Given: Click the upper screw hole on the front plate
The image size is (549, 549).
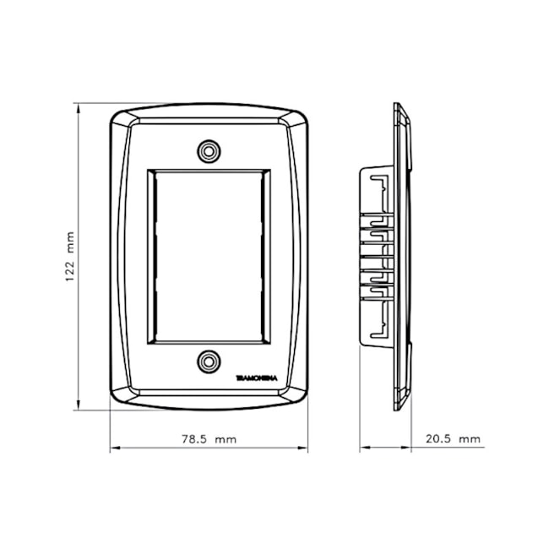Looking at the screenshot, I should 209,151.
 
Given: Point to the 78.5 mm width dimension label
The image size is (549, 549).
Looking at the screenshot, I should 209,439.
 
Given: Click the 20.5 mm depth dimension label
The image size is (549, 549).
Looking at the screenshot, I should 452,439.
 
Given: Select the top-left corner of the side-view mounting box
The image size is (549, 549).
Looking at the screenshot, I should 361,168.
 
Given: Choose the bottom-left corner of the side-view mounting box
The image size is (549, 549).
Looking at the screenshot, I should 361,345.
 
